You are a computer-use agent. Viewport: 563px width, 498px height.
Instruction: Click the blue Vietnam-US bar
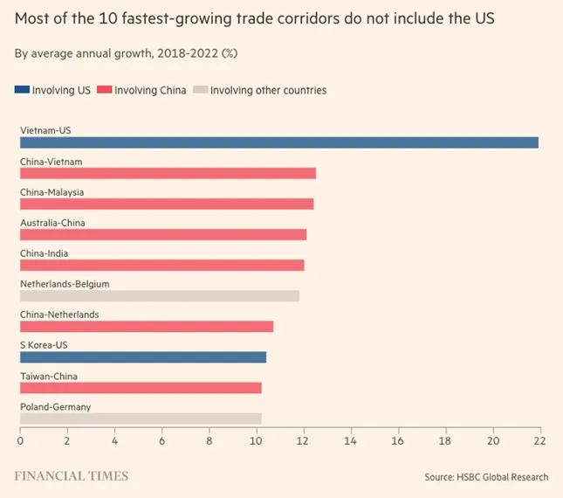[x=279, y=142]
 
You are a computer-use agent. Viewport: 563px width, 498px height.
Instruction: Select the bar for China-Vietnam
[x=168, y=173]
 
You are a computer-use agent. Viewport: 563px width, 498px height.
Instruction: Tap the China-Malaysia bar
[x=167, y=204]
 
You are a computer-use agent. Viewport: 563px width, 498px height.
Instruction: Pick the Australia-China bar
[x=163, y=234]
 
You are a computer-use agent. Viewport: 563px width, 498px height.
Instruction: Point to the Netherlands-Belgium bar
[x=160, y=296]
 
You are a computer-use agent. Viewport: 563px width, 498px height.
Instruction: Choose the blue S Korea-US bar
[x=143, y=357]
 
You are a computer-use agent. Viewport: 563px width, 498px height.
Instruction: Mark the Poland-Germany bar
[x=141, y=418]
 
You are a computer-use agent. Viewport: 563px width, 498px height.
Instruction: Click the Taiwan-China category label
[x=49, y=376]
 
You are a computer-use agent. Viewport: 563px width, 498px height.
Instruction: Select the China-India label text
[x=44, y=253]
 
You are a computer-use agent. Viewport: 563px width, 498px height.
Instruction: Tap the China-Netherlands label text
[x=59, y=315]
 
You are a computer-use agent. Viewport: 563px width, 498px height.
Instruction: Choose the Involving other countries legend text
[x=268, y=90]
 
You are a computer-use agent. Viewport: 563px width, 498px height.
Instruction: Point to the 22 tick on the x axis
[x=539, y=442]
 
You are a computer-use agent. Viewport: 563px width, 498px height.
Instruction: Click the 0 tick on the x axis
[x=20, y=442]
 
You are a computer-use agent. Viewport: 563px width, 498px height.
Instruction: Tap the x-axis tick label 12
[x=304, y=442]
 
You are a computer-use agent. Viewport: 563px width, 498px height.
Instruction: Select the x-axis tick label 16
[x=398, y=442]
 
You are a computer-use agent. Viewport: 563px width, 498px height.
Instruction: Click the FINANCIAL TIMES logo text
[x=72, y=476]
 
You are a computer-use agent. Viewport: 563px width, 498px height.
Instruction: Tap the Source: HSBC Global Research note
[x=486, y=477]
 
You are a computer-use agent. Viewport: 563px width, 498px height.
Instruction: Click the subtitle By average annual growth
[x=126, y=53]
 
